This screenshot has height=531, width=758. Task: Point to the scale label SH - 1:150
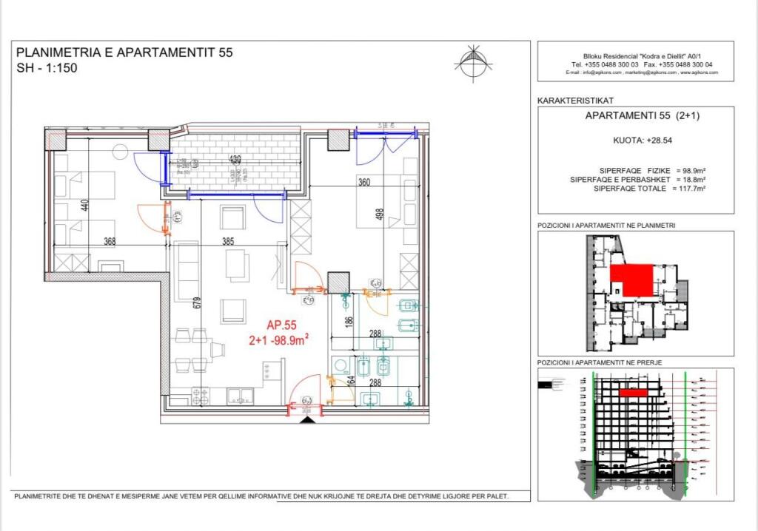pyautogui.click(x=47, y=68)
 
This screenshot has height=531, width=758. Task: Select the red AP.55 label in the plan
pyautogui.click(x=281, y=324)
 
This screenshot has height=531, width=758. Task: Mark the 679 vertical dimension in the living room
pyautogui.click(x=198, y=305)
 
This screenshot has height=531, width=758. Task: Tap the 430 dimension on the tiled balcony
pyautogui.click(x=234, y=159)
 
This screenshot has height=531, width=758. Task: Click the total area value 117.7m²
pyautogui.click(x=689, y=189)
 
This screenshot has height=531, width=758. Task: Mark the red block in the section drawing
pyautogui.click(x=634, y=393)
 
